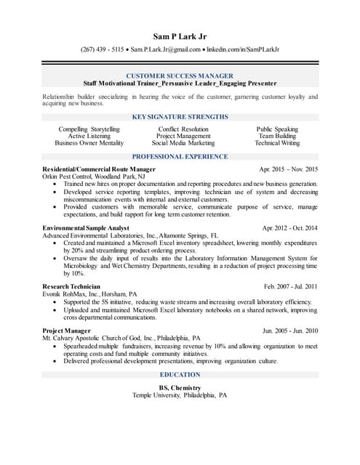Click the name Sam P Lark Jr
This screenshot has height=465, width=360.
coord(180,36)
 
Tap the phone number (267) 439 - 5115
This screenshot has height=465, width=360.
coord(102,49)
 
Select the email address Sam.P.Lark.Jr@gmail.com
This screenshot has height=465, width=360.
coord(165,49)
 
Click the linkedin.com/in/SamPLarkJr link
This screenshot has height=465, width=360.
coord(244,49)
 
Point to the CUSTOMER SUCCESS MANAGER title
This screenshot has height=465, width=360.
coord(180,76)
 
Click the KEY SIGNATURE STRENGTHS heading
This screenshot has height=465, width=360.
coord(180,116)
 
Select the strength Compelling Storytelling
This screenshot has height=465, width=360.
coord(89,129)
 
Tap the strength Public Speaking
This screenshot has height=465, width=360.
coord(277,129)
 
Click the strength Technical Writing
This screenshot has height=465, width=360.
coord(277,143)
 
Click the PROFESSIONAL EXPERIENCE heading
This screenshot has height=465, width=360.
coord(180,157)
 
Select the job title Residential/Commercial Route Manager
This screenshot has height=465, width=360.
coord(99,169)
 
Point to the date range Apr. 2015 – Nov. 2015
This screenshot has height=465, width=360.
coord(289,169)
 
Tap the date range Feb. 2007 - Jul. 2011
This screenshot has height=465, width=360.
coord(291,287)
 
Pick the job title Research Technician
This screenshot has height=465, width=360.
coord(72,287)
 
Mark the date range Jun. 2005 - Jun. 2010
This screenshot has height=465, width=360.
coord(290,331)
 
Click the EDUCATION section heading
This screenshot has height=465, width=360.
coord(180,375)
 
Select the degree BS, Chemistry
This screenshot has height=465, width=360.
coord(180,388)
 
